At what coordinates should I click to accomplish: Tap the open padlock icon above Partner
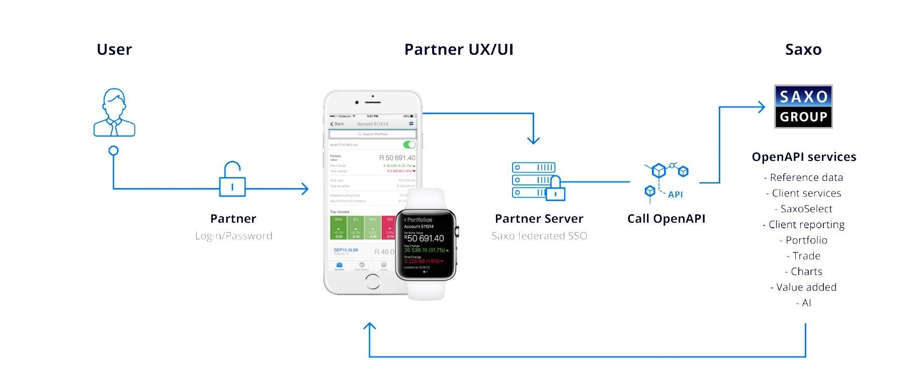(232, 179)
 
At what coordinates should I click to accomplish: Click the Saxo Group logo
(803, 107)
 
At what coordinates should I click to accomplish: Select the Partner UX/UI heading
(459, 49)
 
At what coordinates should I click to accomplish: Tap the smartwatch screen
(425, 244)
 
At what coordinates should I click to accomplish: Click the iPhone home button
(373, 282)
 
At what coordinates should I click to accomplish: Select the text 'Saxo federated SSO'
(539, 236)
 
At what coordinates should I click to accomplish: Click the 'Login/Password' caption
(234, 236)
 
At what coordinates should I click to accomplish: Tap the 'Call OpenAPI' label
(666, 219)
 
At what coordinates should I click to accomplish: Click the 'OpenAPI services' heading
(804, 157)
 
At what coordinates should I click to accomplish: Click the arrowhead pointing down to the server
(533, 140)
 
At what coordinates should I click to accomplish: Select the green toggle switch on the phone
(409, 145)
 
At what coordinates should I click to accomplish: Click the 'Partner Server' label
(539, 219)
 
